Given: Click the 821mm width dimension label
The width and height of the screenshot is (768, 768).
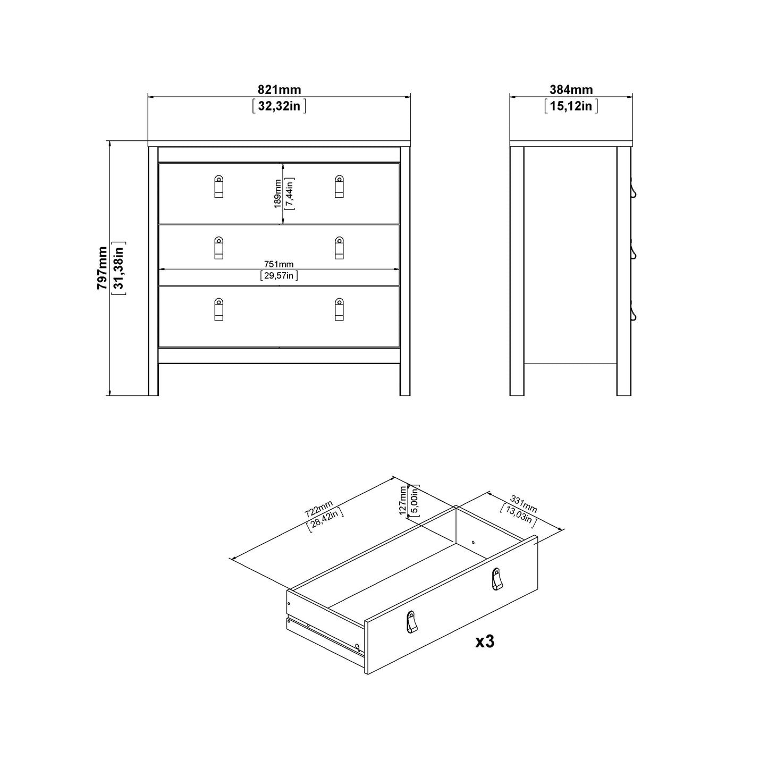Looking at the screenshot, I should pos(279,90).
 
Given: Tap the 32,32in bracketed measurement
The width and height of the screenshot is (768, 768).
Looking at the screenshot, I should pos(279,106).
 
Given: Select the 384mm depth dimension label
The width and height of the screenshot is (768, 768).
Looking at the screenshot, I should pos(571,90).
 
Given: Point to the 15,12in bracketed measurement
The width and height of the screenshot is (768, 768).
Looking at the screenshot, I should pos(571,106).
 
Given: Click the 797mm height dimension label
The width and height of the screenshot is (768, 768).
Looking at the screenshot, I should pos(102,268).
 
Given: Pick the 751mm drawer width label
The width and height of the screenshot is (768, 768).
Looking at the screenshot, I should pos(279,264).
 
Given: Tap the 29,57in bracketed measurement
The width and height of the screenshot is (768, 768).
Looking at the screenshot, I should pos(279,275).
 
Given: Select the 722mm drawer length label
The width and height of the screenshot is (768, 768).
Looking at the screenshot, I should pos(319,509).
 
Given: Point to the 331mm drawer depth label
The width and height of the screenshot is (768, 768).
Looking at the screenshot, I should pos(524,504).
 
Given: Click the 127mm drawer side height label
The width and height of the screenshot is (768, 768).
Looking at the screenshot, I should pos(403,500).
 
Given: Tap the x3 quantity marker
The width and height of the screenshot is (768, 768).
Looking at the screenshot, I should pos(485,642).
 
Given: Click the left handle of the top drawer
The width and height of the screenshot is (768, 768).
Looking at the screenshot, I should pos(219,187).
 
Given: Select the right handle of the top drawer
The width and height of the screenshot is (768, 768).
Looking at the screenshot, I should pos(339,187).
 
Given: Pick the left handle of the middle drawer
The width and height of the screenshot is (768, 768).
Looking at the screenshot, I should pos(219,248).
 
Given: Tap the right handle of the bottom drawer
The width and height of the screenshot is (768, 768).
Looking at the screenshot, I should pos(339,309).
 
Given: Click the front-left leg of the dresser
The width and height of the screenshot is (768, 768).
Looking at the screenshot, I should pos(153,379).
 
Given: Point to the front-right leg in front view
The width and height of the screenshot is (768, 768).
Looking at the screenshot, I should pos(405,379).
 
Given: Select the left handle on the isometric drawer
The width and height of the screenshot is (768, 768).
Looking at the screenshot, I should pos(411,622).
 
